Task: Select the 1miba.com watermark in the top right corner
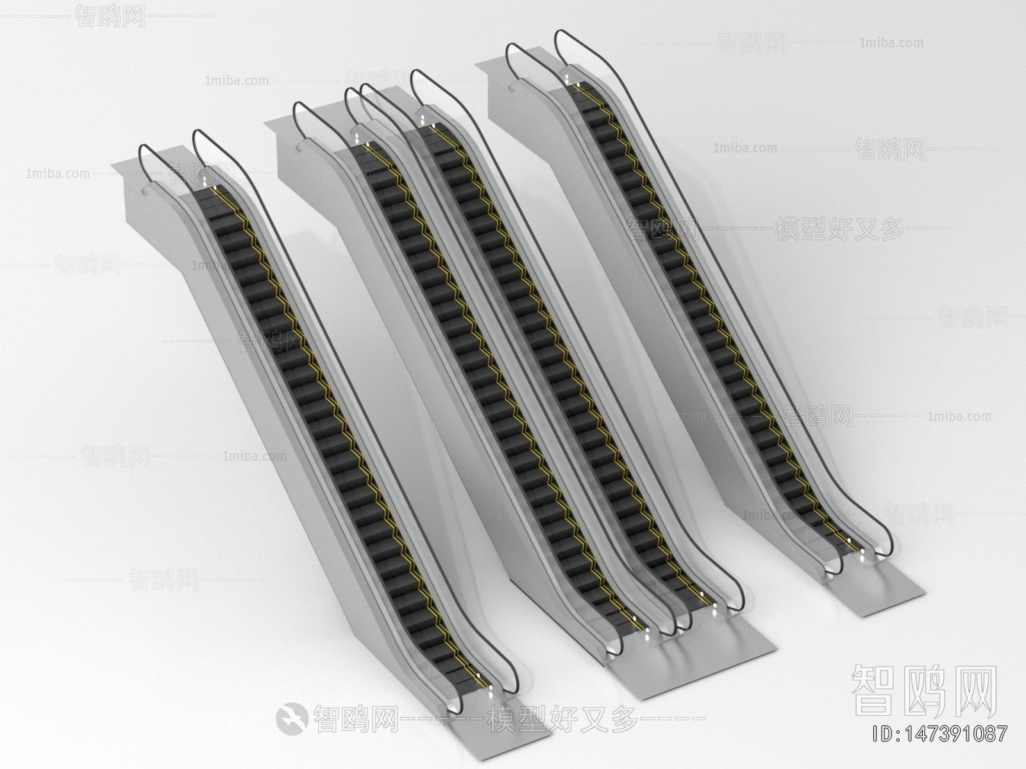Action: tap(891, 44)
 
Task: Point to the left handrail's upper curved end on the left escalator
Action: tap(144, 154)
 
